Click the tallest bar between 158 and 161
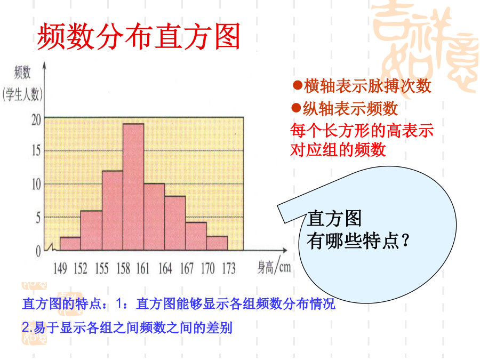pyautogui.click(x=133, y=187)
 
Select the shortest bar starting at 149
pyautogui.click(x=70, y=244)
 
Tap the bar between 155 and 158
pyautogui.click(x=113, y=211)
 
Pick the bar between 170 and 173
pyautogui.click(x=217, y=243)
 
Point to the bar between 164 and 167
pyautogui.click(x=175, y=223)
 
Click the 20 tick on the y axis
pyautogui.click(x=36, y=120)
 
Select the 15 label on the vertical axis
pyautogui.click(x=36, y=150)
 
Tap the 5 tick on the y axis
pyautogui.click(x=38, y=218)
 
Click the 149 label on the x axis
pyautogui.click(x=60, y=268)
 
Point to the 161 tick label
pyautogui.click(x=142, y=268)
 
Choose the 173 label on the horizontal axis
pyautogui.click(x=229, y=268)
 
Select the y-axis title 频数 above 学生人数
pyautogui.click(x=22, y=72)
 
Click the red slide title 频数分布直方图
pyautogui.click(x=139, y=37)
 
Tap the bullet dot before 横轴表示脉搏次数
pyautogui.click(x=298, y=85)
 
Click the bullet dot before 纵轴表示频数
pyautogui.click(x=296, y=108)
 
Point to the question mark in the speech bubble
pyautogui.click(x=405, y=241)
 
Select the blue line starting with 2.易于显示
pyautogui.click(x=127, y=327)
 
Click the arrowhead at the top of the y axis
pyautogui.click(x=44, y=65)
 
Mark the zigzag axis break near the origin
pyautogui.click(x=51, y=247)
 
